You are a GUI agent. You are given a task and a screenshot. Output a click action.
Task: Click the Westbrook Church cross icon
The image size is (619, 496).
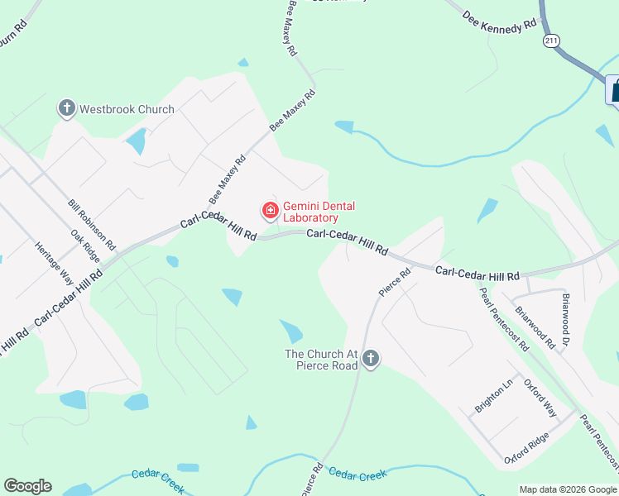tap(66, 108)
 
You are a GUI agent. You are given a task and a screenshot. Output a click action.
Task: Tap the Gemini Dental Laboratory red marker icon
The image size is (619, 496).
tap(270, 212)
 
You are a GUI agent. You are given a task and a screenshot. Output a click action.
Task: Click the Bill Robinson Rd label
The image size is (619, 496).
tap(93, 225)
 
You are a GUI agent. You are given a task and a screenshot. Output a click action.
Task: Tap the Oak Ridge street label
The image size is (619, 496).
tap(85, 246)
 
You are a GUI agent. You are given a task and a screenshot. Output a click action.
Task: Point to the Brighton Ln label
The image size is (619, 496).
tap(495, 396)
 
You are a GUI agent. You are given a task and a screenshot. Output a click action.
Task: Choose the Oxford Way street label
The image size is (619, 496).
tap(540, 398)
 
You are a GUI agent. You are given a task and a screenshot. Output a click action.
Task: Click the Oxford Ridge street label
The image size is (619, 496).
tap(526, 449)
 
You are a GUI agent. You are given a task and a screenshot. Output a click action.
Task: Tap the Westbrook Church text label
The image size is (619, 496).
tap(127, 109)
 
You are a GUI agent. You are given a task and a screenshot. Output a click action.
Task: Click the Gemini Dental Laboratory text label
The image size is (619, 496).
tap(311, 212)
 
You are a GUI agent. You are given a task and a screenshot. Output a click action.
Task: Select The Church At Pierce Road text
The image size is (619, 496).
tap(321, 360)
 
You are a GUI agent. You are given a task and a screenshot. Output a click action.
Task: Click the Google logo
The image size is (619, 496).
tap(27, 486)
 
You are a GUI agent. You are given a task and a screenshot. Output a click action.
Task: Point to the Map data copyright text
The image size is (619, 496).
tap(568, 489)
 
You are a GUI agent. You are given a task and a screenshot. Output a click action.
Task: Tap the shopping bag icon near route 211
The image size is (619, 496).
tap(615, 89)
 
